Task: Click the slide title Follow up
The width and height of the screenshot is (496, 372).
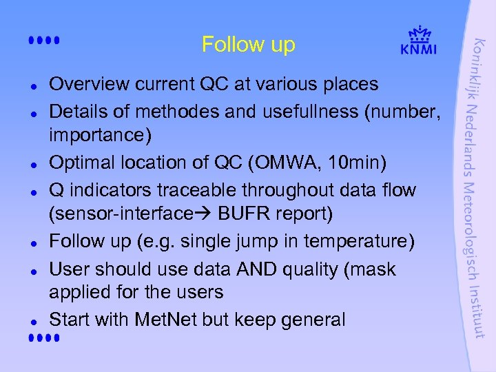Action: (x=248, y=45)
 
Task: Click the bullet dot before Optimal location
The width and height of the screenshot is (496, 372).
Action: (x=34, y=165)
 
